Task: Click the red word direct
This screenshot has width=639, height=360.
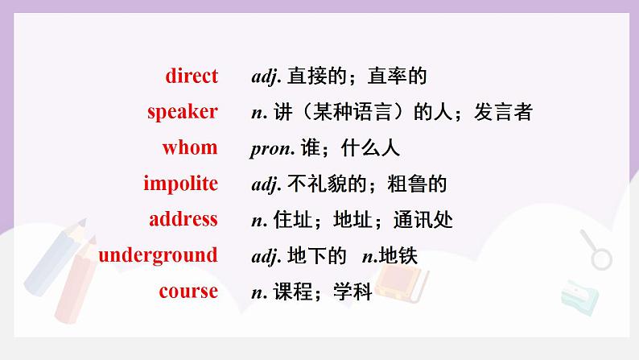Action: (192, 76)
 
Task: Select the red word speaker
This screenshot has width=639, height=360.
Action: (183, 112)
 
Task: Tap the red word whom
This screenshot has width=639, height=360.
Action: (190, 147)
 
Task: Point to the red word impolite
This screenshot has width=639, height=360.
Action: (180, 184)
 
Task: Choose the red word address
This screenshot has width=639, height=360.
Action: (183, 219)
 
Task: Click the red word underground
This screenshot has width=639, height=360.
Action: (158, 255)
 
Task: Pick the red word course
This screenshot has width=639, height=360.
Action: (188, 291)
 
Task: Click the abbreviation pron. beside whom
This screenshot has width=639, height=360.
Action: (272, 149)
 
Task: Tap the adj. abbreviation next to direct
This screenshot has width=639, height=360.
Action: (266, 77)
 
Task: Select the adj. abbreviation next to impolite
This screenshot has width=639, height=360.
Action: (266, 184)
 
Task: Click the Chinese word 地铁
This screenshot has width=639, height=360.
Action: (398, 256)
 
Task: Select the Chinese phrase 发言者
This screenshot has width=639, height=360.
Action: (503, 112)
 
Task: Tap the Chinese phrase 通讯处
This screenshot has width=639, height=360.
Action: (423, 220)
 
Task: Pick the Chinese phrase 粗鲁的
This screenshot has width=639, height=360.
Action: (417, 184)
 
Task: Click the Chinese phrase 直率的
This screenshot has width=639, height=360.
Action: (397, 77)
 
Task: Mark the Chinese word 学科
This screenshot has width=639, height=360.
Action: (352, 292)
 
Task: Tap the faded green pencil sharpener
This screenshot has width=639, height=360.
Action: (579, 298)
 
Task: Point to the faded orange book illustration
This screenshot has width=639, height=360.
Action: (402, 283)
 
